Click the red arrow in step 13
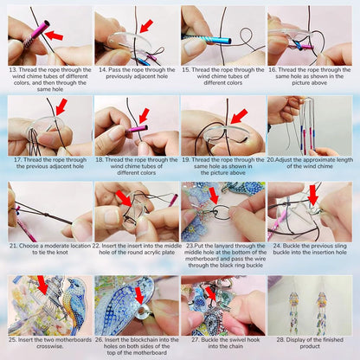[54, 35]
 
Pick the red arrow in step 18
[144, 115]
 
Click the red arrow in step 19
[237, 115]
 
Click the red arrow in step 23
[213, 195]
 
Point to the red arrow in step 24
[313, 194]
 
